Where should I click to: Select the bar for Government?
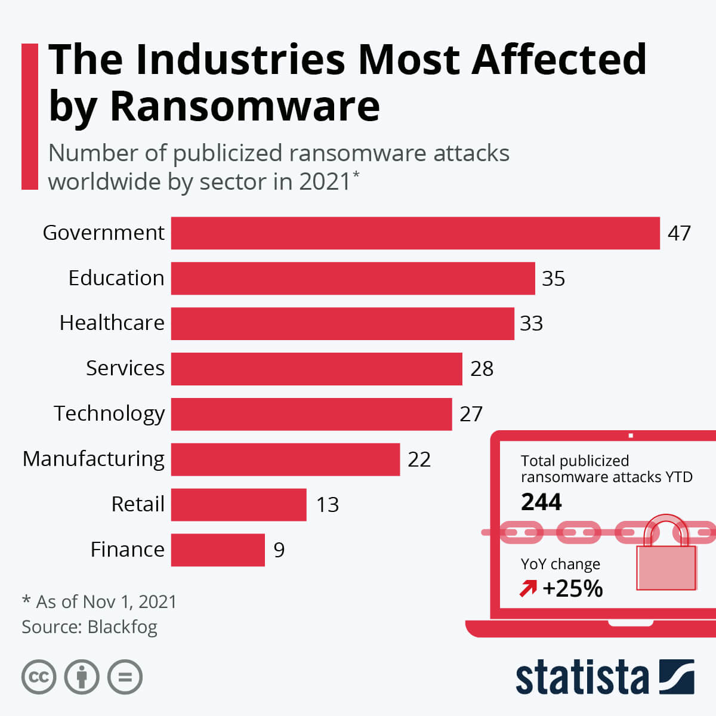pos(415,233)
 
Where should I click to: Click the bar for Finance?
pos(218,550)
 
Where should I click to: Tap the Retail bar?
pos(239,505)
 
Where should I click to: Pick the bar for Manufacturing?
pos(285,459)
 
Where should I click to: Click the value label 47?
pos(679,233)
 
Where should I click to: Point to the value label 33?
pos(531,323)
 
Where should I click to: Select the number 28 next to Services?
pos(482,369)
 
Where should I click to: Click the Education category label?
pos(116,278)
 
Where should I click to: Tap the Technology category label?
pos(109,413)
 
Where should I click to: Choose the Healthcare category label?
pos(112,323)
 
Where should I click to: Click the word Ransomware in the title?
pos(245,106)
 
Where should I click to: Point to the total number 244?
pos(541,502)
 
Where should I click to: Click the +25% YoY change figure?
pos(572,589)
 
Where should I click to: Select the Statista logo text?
pos(582,677)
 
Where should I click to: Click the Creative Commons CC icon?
pos(39,677)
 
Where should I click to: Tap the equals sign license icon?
pos(125,677)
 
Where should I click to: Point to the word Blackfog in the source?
pos(122,627)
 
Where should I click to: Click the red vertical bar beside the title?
pos(30,116)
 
